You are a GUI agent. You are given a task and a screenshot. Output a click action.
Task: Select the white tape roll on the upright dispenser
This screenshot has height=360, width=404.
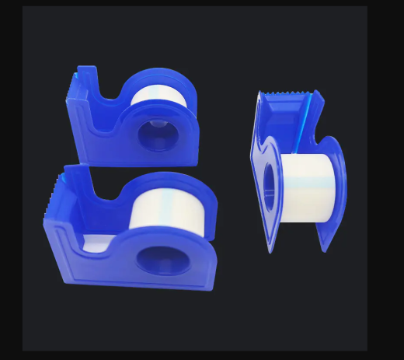tap(307, 187)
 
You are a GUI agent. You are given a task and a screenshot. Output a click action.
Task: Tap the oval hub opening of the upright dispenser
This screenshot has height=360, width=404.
tap(269, 189)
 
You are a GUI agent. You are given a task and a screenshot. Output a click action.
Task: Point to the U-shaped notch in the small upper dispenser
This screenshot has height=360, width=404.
tap(109, 97)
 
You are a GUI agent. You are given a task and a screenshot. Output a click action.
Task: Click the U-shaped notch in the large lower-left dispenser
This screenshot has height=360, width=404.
tap(106, 204)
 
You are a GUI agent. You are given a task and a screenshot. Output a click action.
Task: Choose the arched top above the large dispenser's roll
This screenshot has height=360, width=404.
tap(175, 181)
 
